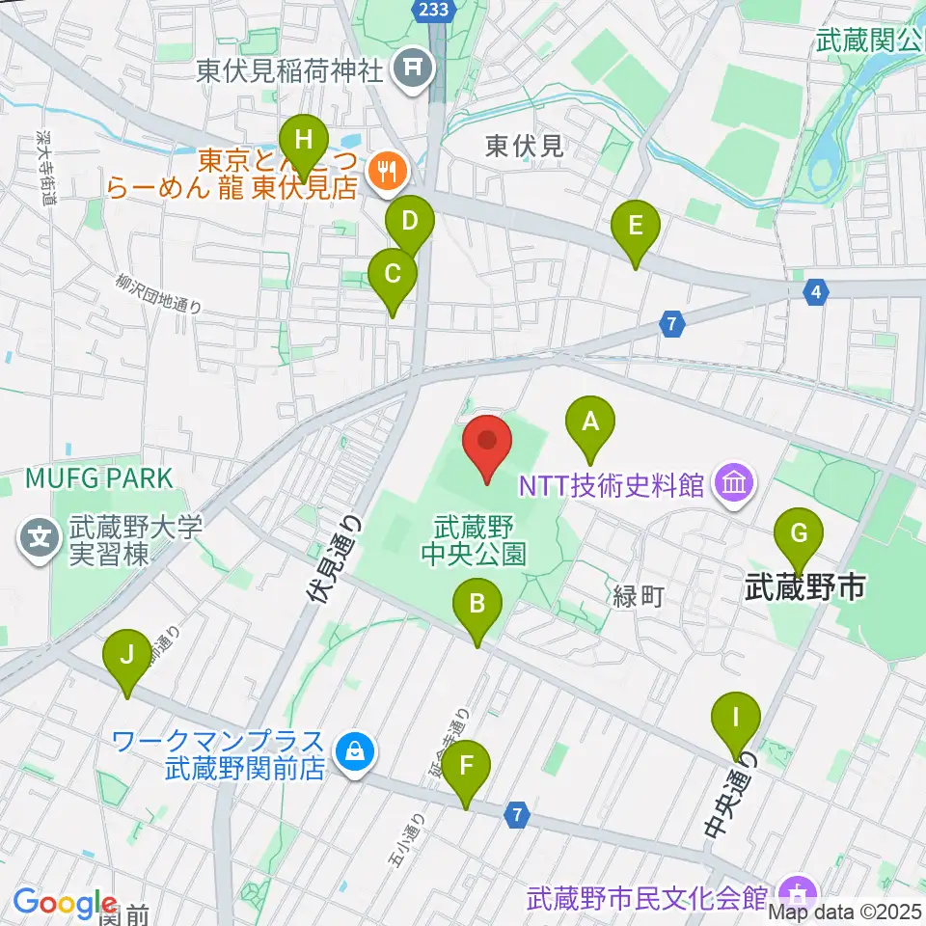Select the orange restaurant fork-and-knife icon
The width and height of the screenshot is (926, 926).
[389, 172]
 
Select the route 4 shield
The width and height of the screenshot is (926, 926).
[817, 289]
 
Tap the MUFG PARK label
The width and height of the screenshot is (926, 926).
[99, 477]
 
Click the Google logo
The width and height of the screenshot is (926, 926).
[65, 903]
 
